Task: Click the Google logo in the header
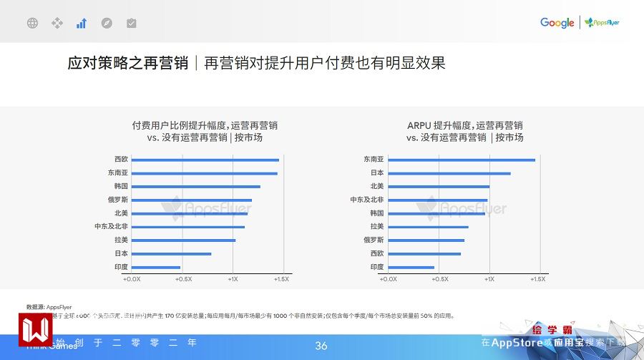click(x=557, y=23)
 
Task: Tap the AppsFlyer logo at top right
click(x=602, y=23)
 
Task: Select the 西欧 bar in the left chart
click(x=205, y=160)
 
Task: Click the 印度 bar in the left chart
click(x=156, y=267)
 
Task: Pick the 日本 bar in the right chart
click(x=449, y=173)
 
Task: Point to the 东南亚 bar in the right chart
click(x=462, y=160)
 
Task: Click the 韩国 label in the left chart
click(x=121, y=186)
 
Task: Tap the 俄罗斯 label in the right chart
click(x=374, y=240)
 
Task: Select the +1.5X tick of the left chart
click(x=281, y=279)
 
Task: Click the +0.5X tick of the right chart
click(x=439, y=279)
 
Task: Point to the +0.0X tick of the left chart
click(x=132, y=279)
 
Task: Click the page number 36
click(x=321, y=346)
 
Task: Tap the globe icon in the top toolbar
click(x=32, y=23)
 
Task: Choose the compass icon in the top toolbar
click(x=107, y=23)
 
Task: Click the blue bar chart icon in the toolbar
click(x=82, y=23)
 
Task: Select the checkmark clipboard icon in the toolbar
click(x=131, y=23)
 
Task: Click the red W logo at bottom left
click(x=34, y=330)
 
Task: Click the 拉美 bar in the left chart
click(x=184, y=240)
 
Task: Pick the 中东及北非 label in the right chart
click(x=367, y=200)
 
